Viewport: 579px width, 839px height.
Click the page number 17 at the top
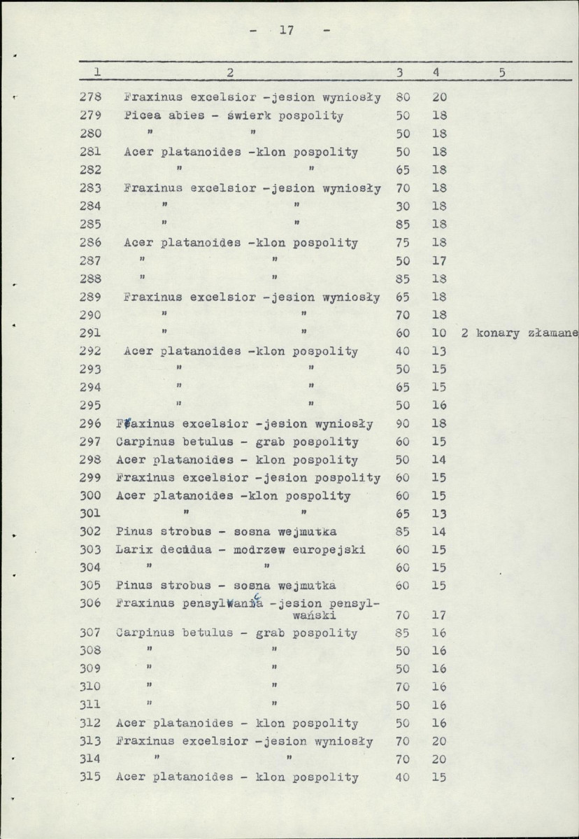point(285,31)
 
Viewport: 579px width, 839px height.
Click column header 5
point(502,72)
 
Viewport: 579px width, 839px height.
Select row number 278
point(92,97)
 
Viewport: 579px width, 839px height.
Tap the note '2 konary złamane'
point(520,333)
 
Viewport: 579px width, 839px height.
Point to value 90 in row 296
point(403,423)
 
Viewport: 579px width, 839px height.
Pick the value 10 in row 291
point(439,333)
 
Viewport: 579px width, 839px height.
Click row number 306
point(91,602)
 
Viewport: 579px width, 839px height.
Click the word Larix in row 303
point(131,549)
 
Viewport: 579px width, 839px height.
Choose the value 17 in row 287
point(439,260)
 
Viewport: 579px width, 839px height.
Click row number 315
point(91,777)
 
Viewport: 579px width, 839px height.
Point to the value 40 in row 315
point(403,777)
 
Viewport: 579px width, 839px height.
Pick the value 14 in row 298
point(439,460)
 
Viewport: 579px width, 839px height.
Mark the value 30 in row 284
point(403,206)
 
